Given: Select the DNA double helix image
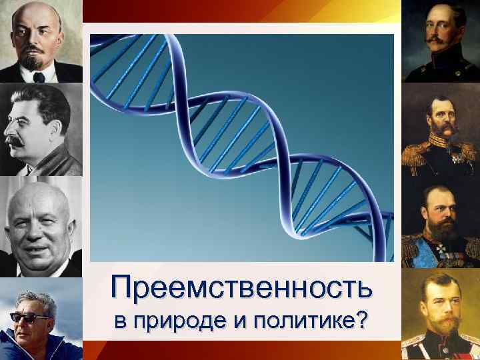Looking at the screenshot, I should click(242, 147).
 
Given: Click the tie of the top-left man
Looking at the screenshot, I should click(38, 77).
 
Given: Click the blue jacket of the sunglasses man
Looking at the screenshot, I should click(40, 347).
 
